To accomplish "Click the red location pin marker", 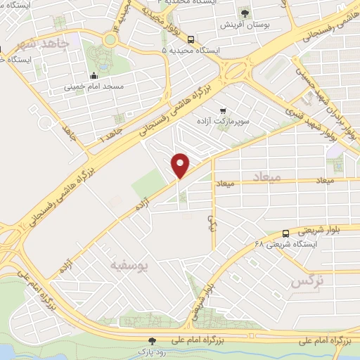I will coord(181,165).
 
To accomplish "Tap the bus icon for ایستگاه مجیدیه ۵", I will coord(192,40).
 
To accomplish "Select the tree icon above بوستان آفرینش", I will coord(245,13).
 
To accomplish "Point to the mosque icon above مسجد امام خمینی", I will coord(94,77).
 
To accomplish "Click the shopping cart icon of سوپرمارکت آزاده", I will coord(224,110).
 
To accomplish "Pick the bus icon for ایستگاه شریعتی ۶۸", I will coord(285,233).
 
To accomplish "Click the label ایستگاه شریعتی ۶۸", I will coord(286,243).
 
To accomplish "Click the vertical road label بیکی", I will coord(209,223).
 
